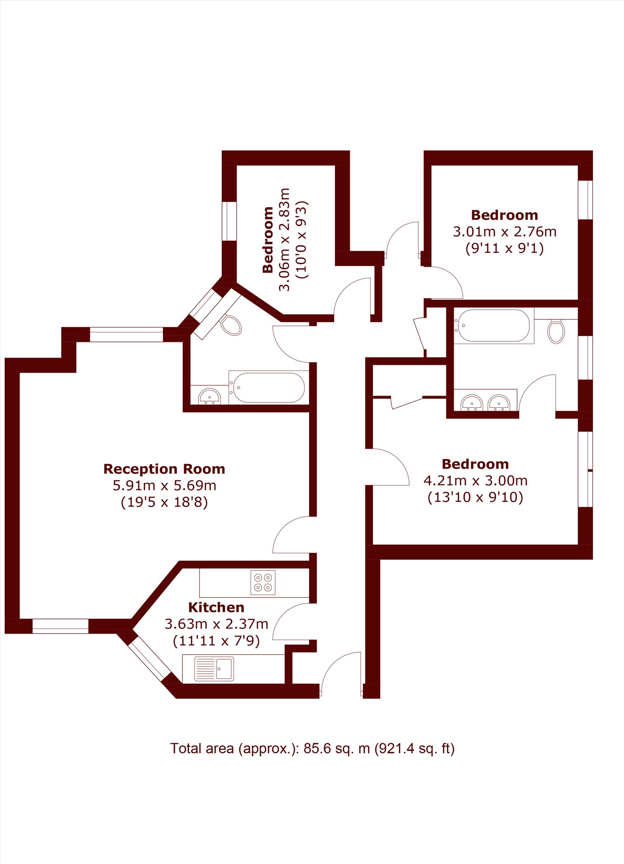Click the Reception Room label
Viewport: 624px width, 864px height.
tap(164, 469)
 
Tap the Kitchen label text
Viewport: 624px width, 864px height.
tap(216, 607)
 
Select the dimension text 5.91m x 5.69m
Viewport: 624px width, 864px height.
tap(164, 485)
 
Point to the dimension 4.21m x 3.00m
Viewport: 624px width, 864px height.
tap(475, 480)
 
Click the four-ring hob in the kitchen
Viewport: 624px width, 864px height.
tap(263, 583)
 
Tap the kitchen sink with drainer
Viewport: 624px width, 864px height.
tap(214, 669)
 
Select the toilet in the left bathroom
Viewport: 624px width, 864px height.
tap(231, 325)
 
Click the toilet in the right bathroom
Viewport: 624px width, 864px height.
tap(556, 331)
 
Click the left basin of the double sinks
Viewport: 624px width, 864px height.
tap(472, 402)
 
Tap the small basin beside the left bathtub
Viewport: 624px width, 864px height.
tap(210, 396)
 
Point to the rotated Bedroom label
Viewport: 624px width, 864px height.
tap(268, 240)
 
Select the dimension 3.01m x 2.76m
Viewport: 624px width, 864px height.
tap(504, 232)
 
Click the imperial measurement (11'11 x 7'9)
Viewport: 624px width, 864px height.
tap(216, 640)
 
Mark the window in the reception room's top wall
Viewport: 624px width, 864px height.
tap(126, 335)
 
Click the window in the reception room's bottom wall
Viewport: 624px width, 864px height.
tap(60, 626)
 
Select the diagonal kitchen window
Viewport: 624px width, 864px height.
tap(150, 658)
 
